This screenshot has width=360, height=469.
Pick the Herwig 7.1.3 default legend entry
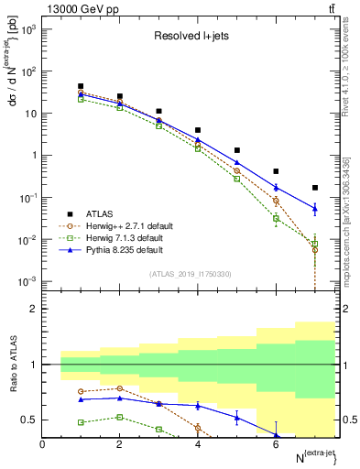point(125,236)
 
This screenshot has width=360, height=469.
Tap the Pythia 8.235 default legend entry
point(124,248)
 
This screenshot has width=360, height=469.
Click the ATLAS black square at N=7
point(315,188)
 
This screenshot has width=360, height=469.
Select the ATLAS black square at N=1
point(82,86)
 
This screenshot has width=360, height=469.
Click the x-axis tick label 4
point(198,445)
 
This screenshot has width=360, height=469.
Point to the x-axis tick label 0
point(43,445)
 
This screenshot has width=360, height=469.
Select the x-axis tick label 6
point(276,445)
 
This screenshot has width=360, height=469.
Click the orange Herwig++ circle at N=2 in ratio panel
point(121,388)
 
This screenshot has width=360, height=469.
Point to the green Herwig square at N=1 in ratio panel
point(82,422)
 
